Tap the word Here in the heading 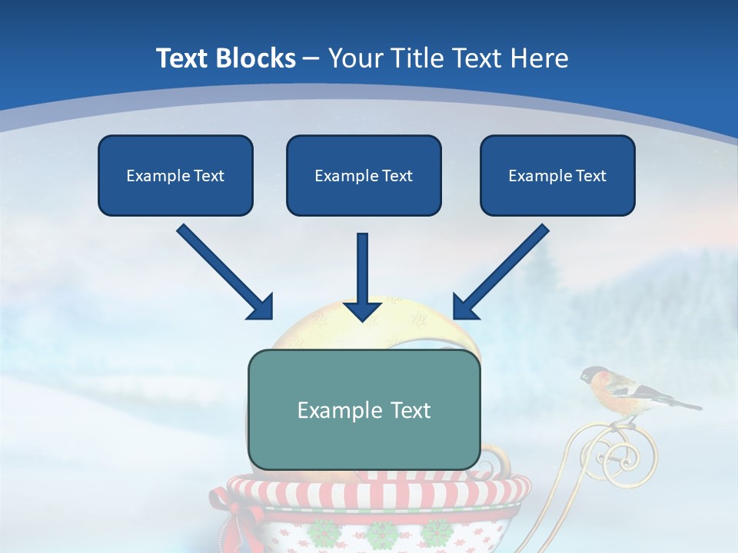point(539,58)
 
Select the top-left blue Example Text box point(175,175)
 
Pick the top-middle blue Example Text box point(364,175)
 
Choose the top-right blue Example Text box point(557,175)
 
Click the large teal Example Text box point(364,409)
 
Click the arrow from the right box point(500,273)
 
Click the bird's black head point(590,375)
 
